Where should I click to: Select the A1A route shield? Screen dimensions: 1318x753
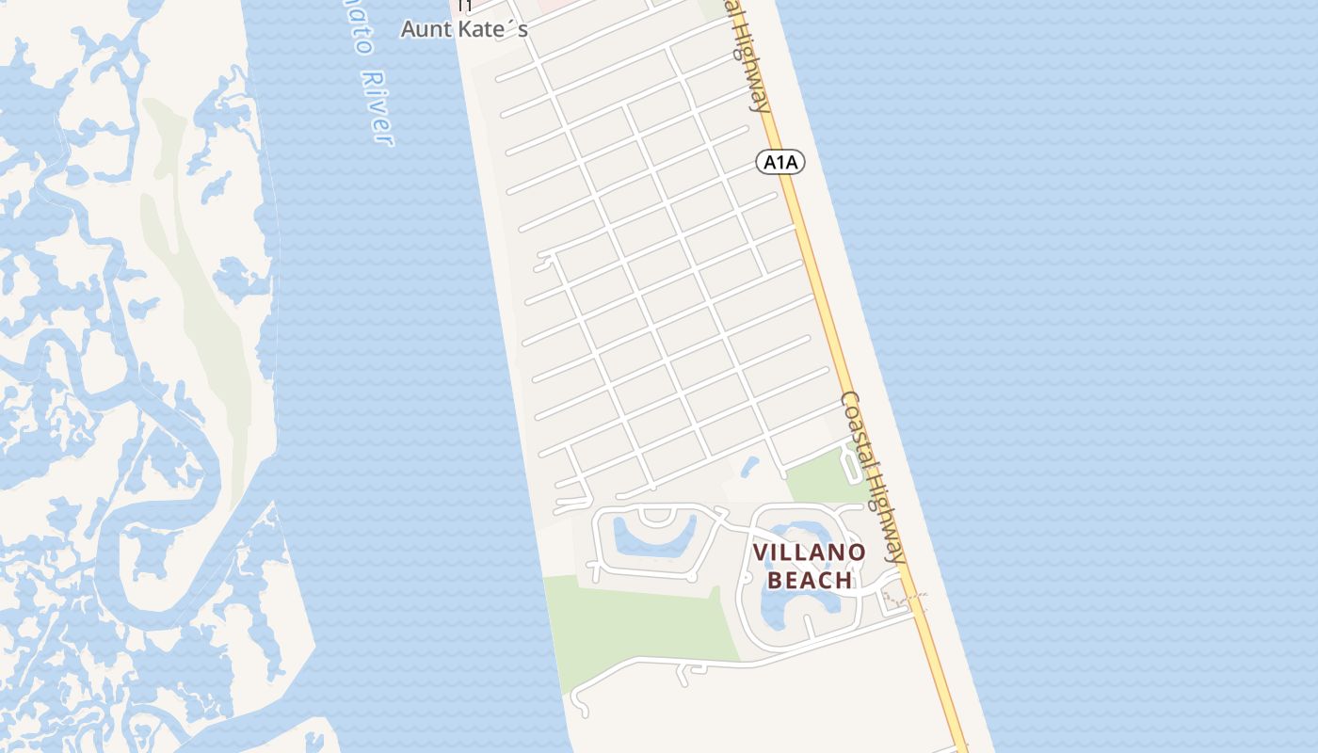(780, 162)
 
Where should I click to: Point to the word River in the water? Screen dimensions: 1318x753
(375, 107)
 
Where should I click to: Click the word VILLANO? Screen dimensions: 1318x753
(809, 553)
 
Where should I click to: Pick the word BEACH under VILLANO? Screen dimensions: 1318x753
(810, 580)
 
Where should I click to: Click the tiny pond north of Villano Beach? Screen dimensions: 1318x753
(750, 466)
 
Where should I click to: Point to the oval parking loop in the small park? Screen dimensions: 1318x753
(849, 464)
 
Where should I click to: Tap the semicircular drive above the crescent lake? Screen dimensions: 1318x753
(655, 515)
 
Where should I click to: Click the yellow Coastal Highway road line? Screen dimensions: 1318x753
(828, 311)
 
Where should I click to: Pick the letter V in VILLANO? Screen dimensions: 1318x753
(760, 553)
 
